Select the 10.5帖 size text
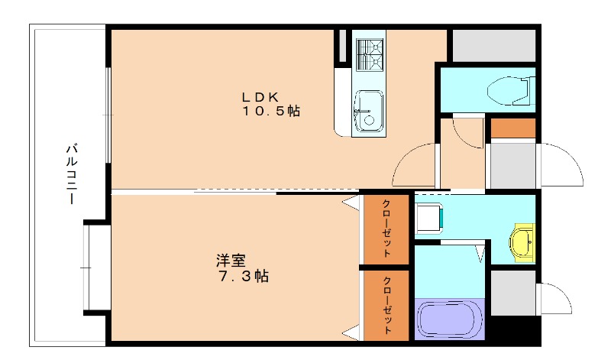tap(271, 112)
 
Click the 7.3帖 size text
tap(240, 276)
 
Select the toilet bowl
tap(508, 89)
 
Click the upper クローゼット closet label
tap(386, 230)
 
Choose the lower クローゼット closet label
tap(386, 305)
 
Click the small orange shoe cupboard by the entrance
tap(512, 128)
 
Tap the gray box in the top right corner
tap(494, 45)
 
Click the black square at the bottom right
tap(513, 329)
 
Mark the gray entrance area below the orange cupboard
tap(512, 164)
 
